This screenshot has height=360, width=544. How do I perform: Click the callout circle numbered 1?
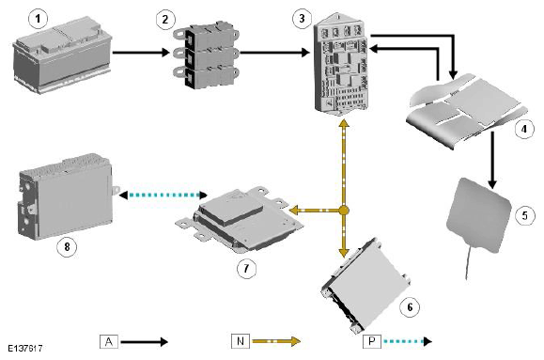38,19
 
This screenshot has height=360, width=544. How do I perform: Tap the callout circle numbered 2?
165,19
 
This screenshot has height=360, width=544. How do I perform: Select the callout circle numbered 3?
302,19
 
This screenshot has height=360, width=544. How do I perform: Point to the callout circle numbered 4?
524,129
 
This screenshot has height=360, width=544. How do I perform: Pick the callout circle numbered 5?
524,215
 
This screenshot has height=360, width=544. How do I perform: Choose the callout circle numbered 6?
410,306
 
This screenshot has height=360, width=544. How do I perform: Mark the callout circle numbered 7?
246,268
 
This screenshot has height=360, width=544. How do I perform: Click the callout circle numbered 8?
67,247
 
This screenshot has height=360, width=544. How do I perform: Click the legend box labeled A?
109,341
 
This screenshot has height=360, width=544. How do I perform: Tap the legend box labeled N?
241,341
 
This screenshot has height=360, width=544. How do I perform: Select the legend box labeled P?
372,341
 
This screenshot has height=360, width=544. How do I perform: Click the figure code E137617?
25,348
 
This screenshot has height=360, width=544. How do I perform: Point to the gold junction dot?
344,211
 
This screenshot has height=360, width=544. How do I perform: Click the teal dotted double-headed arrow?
163,196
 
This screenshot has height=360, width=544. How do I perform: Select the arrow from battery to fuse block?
141,53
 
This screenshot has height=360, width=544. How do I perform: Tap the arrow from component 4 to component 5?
492,161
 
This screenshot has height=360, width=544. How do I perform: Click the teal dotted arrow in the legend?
408,341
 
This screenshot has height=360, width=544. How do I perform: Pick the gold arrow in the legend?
276,341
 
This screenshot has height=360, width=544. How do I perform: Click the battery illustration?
62,55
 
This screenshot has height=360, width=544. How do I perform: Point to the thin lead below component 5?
469,262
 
